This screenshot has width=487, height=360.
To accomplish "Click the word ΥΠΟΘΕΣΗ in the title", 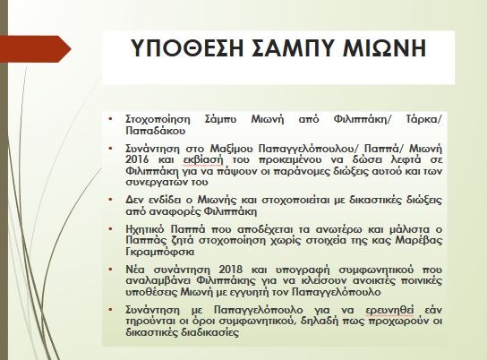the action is pyautogui.click(x=187, y=48).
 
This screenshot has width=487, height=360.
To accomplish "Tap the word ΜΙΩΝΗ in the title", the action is pyautogui.click(x=385, y=48).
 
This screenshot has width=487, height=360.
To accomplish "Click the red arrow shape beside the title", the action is pyautogui.click(x=36, y=49).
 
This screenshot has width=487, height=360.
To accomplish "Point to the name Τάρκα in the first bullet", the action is pyautogui.click(x=423, y=119).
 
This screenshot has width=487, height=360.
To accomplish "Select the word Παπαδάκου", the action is pyautogui.click(x=156, y=131).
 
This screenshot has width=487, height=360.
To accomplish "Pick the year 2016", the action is pyautogui.click(x=137, y=159).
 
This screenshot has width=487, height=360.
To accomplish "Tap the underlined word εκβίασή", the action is pyautogui.click(x=204, y=160).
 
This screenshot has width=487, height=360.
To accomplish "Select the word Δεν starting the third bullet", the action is pyautogui.click(x=134, y=200).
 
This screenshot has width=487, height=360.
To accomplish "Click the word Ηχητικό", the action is pyautogui.click(x=145, y=229).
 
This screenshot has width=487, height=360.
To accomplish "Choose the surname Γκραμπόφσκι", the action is pyautogui.click(x=160, y=252).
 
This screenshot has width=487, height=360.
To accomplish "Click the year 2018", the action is pyautogui.click(x=230, y=270).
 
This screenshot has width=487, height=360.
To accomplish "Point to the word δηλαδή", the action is pyautogui.click(x=320, y=321).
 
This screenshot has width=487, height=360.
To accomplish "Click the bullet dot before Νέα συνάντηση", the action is pyautogui.click(x=111, y=269).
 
